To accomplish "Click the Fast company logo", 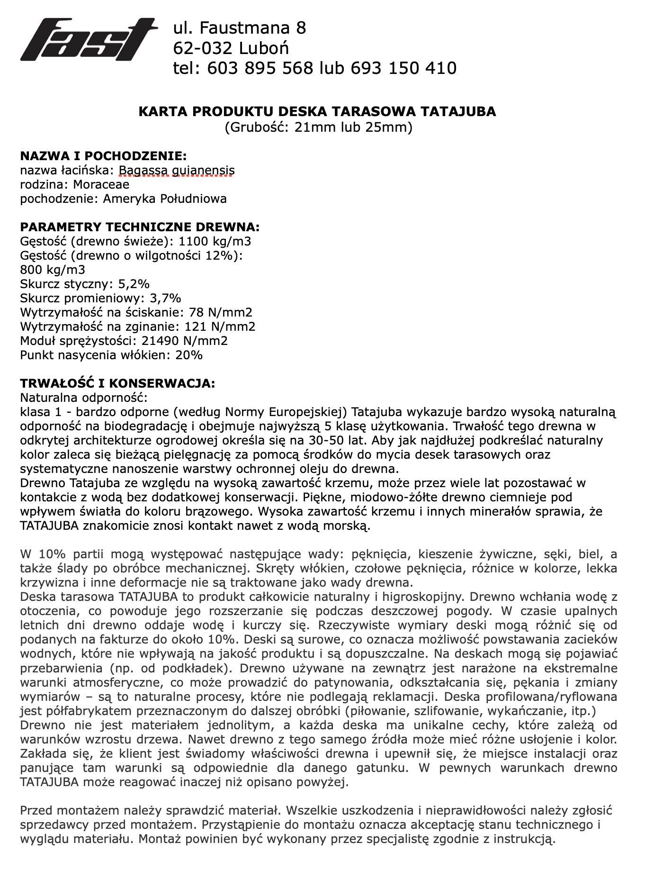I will (89, 40).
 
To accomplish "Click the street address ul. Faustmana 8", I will (240, 28).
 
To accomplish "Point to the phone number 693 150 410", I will (403, 68).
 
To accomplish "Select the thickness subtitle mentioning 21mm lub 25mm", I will (318, 127).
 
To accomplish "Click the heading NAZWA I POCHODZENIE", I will (103, 156).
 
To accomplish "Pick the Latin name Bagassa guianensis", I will (176, 170).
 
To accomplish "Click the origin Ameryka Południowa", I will (164, 199).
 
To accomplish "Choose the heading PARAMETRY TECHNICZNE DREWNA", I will (140, 227).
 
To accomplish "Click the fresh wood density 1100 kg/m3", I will (215, 241).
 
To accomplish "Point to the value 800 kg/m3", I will (53, 270).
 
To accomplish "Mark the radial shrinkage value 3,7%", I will (165, 299).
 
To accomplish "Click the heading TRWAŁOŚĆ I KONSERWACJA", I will (117, 383).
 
